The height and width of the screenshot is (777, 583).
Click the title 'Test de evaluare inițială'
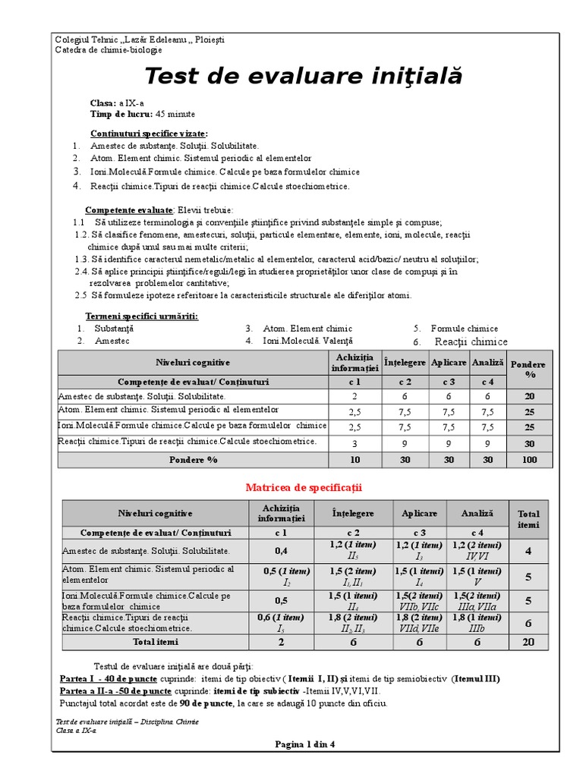click(302, 77)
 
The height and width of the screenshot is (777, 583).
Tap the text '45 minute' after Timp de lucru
click(175, 114)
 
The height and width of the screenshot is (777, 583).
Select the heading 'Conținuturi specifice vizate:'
click(149, 133)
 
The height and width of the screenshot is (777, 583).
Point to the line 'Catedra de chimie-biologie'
click(109, 50)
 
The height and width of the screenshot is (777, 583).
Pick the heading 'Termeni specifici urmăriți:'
click(141, 316)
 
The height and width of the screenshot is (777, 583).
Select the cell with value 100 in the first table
click(529, 460)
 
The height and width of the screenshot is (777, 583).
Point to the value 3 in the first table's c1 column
click(354, 443)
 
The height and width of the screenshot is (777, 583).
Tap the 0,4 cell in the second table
click(281, 550)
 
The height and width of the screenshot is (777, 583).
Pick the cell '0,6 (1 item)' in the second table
click(281, 622)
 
